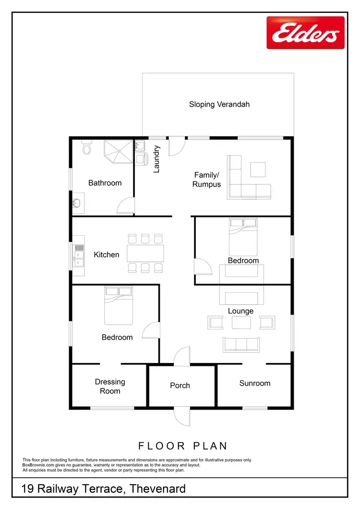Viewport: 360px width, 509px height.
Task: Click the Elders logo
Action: tap(305, 33)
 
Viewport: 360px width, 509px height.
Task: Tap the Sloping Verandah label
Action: tap(219, 104)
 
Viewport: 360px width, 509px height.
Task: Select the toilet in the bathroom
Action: tap(86, 147)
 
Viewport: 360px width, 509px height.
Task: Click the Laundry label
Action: tap(156, 159)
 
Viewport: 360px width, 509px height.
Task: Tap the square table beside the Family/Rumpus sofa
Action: tap(258, 170)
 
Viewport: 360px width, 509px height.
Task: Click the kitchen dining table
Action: tap(145, 253)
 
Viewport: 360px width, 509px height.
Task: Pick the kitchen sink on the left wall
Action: tap(78, 254)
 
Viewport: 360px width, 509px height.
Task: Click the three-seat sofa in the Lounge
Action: tap(240, 344)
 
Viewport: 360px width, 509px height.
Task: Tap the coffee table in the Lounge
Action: tap(241, 322)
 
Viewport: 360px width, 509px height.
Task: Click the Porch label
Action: tap(180, 386)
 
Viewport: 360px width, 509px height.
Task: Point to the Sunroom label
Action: tap(255, 383)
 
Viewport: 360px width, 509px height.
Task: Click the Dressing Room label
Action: tap(110, 387)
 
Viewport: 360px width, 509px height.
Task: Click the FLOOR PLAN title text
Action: tap(183, 446)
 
